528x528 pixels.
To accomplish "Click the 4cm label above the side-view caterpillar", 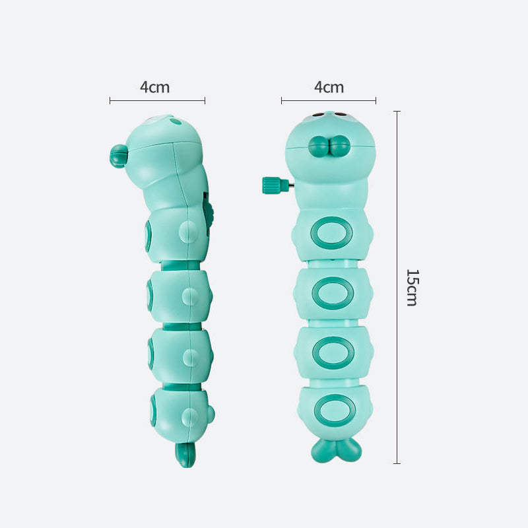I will pyautogui.click(x=154, y=87).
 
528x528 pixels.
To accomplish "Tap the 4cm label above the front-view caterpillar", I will pyautogui.click(x=329, y=87).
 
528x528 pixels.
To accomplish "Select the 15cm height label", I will pyautogui.click(x=411, y=287).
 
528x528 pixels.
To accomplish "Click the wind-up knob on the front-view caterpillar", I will pyautogui.click(x=271, y=185).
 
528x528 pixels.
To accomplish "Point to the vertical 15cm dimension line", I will pyautogui.click(x=397, y=287).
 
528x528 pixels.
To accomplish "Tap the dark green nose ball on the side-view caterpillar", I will pyautogui.click(x=119, y=156).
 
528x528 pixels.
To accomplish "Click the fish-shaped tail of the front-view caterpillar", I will pyautogui.click(x=336, y=448).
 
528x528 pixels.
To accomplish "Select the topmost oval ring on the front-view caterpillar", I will pyautogui.click(x=333, y=233).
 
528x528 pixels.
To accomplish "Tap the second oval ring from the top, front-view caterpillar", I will pyautogui.click(x=333, y=293).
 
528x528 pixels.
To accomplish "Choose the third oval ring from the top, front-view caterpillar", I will pyautogui.click(x=333, y=352).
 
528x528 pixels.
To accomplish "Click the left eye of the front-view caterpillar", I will pyautogui.click(x=318, y=115).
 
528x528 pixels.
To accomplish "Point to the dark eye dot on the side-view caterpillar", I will pyautogui.click(x=174, y=121).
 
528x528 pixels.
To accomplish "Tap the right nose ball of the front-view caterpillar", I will pyautogui.click(x=340, y=146).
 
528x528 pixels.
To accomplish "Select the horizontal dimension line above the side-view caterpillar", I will pyautogui.click(x=157, y=101).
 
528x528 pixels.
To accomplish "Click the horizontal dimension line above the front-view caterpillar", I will pyautogui.click(x=329, y=101).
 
